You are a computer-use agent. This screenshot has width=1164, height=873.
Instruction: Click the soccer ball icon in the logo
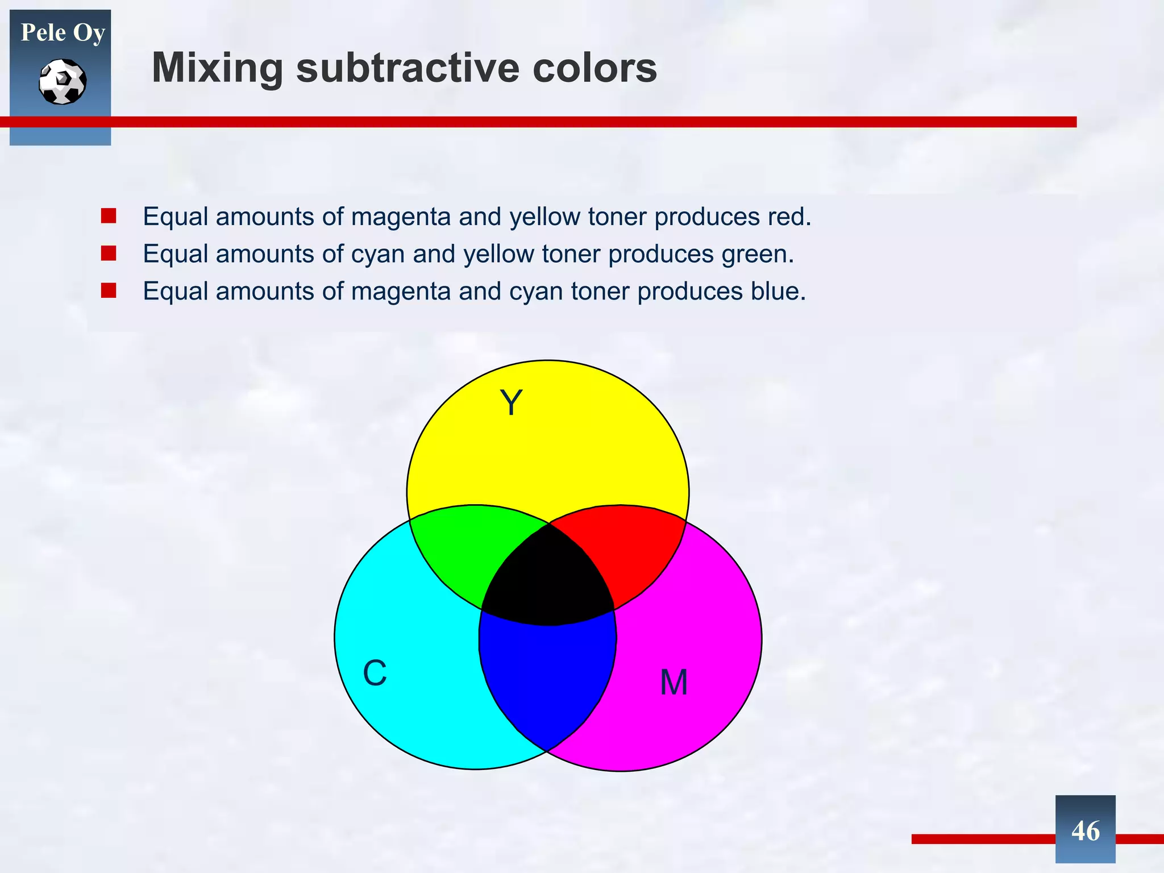pos(63,82)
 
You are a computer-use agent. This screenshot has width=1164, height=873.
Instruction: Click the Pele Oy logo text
pos(63,32)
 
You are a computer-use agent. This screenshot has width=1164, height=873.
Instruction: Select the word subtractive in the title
pos(407,68)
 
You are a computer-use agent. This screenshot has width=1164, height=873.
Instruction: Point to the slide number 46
pos(1085,831)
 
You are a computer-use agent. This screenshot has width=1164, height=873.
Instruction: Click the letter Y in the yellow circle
pos(511,403)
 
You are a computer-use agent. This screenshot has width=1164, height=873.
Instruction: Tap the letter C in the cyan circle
pos(375,674)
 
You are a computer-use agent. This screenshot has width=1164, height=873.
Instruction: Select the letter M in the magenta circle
pos(674,682)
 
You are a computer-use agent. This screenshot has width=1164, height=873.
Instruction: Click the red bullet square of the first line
pos(109,216)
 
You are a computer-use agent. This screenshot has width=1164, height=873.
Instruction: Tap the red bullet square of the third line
pos(109,291)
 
